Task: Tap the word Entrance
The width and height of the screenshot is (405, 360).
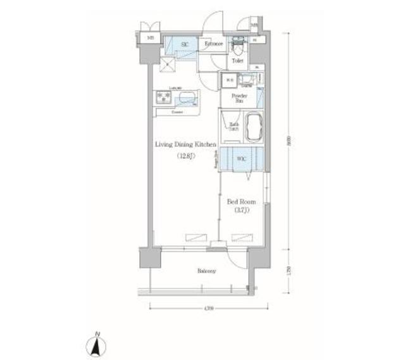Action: [213, 44]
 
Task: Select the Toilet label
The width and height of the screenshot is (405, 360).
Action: [237, 61]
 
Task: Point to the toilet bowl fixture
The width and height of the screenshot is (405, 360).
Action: [238, 47]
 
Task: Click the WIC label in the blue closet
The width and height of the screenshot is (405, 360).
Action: [241, 159]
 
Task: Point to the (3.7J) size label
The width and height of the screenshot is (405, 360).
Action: [241, 210]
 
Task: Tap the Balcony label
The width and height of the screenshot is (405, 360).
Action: [206, 271]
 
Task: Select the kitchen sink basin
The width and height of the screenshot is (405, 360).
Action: [188, 97]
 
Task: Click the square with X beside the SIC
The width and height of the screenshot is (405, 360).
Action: [168, 64]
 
